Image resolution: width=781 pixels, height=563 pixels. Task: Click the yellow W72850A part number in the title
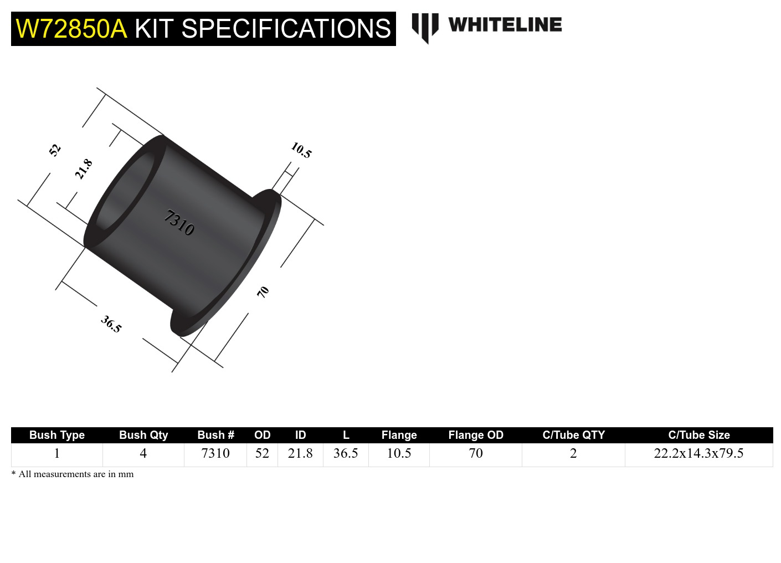(x=71, y=29)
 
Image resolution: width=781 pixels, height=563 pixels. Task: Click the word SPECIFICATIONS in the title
(x=286, y=29)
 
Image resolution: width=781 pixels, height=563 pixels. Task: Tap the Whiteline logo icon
(x=425, y=27)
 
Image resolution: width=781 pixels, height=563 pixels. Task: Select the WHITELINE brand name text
(x=505, y=25)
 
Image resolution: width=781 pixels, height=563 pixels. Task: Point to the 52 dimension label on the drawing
(x=54, y=150)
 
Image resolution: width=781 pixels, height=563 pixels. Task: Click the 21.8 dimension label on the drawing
(x=84, y=169)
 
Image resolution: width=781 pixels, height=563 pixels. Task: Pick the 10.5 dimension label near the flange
(x=301, y=150)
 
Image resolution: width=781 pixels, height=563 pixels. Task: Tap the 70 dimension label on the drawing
(x=263, y=291)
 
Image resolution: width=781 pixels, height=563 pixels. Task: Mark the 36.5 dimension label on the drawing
(x=111, y=324)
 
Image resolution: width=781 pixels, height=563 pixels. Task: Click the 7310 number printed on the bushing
(x=179, y=222)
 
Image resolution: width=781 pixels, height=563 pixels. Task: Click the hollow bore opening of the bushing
(x=125, y=191)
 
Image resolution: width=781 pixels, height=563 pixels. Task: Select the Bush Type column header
(x=56, y=435)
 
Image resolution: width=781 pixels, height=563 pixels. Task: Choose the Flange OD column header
(x=475, y=435)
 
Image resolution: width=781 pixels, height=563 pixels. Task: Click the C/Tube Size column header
(x=698, y=435)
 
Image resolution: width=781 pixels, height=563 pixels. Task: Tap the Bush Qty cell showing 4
(x=143, y=453)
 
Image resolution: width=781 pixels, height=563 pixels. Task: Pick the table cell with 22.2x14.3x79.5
(x=698, y=453)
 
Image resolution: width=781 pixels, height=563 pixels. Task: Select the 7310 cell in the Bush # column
(x=215, y=453)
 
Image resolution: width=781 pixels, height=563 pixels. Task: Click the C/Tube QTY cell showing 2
(x=573, y=453)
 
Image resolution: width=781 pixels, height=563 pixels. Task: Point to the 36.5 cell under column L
(x=346, y=453)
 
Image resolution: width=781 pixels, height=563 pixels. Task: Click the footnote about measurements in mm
(x=73, y=474)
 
